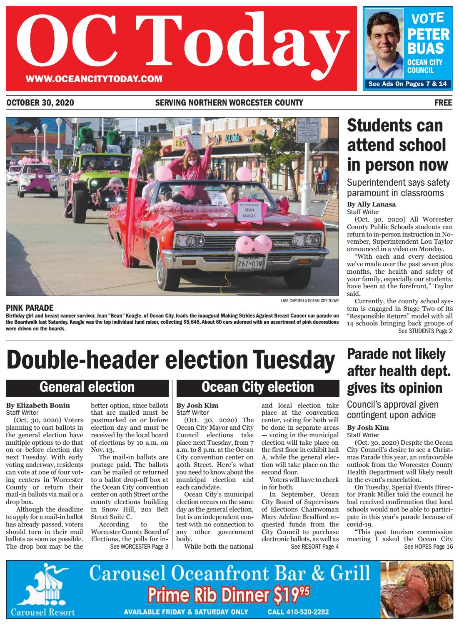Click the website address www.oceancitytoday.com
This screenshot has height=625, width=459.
click(x=93, y=79)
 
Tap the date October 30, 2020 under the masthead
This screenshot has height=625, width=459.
click(x=40, y=103)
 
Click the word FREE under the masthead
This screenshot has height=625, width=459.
click(x=443, y=103)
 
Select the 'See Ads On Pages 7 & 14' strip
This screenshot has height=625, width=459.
click(x=407, y=84)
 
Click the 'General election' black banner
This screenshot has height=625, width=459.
click(x=87, y=387)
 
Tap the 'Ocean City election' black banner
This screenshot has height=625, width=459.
click(x=257, y=387)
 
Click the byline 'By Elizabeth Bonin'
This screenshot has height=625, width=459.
click(x=38, y=405)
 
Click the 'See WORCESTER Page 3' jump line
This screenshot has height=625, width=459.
click(x=139, y=547)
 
